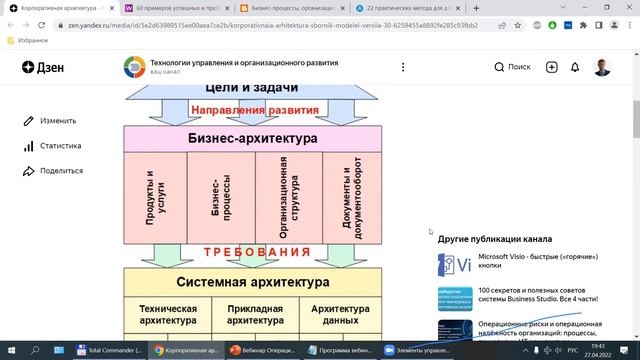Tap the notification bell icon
coord(575,67)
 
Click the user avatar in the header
coord(603,67)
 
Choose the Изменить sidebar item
coord(58,121)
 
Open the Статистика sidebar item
coord(61,146)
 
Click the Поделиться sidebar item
coord(61,171)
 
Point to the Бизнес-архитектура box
coord(253,139)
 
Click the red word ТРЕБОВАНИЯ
coord(252,253)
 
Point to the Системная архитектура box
coord(253,282)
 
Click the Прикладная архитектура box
coord(253,315)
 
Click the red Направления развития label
coord(255,110)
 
